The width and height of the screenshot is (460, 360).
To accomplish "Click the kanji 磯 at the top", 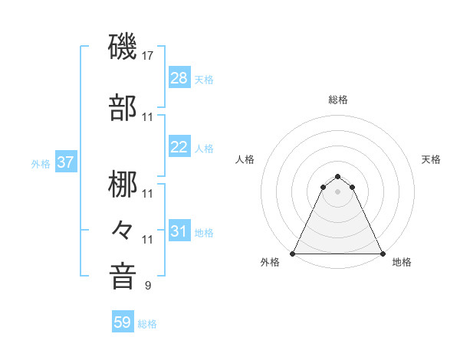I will [x=123, y=47].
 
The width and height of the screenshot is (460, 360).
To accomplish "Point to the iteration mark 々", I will [x=123, y=228].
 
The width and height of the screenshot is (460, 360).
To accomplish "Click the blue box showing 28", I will [x=179, y=78].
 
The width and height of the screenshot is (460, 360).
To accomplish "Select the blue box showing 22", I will [x=179, y=148].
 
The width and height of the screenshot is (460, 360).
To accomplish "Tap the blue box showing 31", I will [x=179, y=232].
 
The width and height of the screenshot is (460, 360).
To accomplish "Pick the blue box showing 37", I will [x=65, y=162].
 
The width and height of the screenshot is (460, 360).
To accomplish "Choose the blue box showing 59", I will [x=123, y=322].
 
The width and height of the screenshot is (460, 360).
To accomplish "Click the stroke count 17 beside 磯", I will [x=149, y=56].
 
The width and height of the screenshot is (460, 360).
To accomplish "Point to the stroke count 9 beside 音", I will [x=148, y=286].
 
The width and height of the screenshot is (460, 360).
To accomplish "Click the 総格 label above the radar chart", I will [x=338, y=100].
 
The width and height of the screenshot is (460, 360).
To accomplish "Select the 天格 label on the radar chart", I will [x=431, y=159].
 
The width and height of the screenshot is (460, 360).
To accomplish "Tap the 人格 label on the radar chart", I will [x=245, y=159].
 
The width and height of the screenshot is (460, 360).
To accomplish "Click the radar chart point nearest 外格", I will [x=293, y=254].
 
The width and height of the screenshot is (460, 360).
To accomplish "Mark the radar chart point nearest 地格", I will [x=383, y=254].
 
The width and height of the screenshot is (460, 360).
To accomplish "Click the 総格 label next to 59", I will [x=147, y=324].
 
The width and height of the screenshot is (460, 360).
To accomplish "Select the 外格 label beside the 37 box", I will [x=41, y=163].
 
